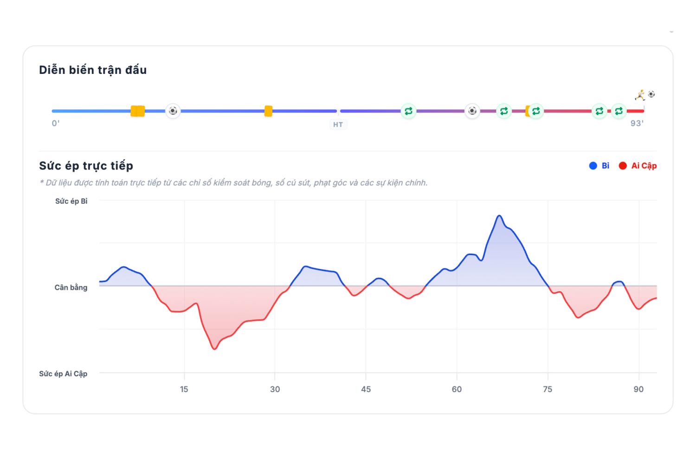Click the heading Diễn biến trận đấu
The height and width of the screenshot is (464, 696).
93,70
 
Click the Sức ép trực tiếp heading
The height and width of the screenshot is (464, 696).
86,166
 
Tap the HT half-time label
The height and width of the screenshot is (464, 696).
338,125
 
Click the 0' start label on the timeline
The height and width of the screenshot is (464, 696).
56,123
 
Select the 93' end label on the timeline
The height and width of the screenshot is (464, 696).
637,123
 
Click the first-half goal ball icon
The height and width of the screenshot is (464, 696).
173,110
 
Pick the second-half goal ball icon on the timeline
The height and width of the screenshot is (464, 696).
472,110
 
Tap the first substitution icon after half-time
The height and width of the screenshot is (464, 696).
408,111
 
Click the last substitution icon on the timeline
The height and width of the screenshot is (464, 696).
619,111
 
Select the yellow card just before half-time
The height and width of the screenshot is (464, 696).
269,111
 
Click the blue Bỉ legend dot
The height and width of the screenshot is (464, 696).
593,166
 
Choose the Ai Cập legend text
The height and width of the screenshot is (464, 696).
644,166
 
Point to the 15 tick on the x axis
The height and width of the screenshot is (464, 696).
184,389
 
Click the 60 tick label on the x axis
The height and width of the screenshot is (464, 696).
457,389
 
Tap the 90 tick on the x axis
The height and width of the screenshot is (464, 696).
638,389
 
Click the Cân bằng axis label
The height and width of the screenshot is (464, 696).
71,288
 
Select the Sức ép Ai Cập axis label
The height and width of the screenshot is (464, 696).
63,374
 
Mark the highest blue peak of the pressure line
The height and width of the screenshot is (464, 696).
499,215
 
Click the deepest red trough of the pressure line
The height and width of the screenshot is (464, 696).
215,349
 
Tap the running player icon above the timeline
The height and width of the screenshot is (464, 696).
640,95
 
